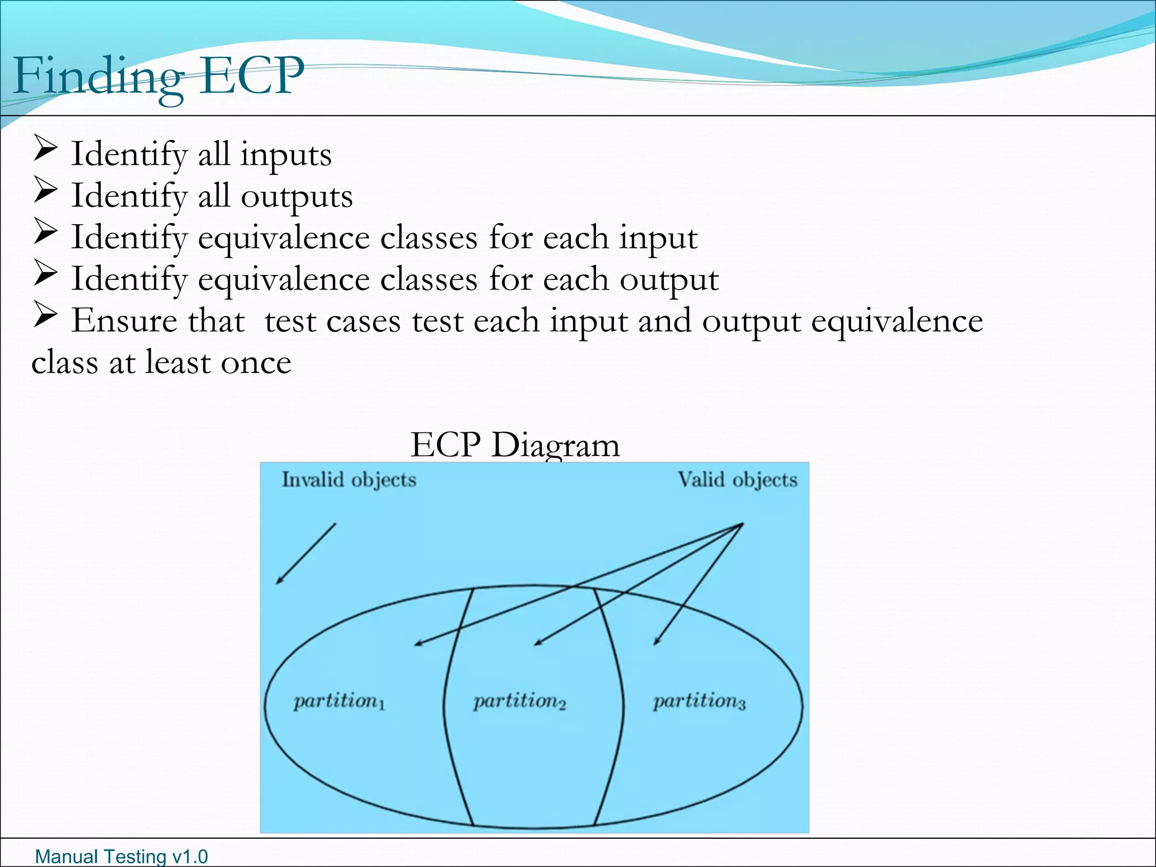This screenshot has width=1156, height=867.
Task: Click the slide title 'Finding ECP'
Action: [x=158, y=76]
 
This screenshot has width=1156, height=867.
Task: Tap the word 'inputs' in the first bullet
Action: [x=286, y=155]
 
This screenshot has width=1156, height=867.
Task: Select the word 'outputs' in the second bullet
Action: [x=296, y=196]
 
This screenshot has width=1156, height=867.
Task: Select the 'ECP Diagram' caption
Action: [x=515, y=445]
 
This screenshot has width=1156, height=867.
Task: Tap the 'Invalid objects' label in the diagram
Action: [x=349, y=480]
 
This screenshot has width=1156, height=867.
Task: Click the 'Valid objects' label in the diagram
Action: [x=737, y=480]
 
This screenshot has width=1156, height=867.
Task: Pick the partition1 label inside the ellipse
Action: [x=339, y=702]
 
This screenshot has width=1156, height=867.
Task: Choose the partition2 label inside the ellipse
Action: [x=519, y=702]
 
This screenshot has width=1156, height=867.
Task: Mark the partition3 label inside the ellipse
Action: [x=699, y=702]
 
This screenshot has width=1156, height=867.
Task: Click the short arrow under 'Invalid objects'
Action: [x=306, y=553]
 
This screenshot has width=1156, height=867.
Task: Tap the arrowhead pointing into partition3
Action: [x=656, y=642]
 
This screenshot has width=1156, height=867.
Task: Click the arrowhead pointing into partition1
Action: [x=418, y=643]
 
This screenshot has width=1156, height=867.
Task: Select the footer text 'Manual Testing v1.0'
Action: [x=121, y=856]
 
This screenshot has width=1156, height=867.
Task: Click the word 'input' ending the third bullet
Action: [x=658, y=238]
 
